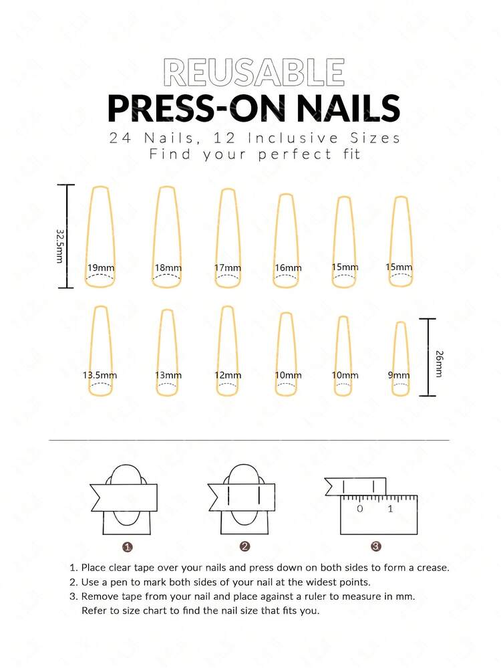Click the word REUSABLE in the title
point(253,73)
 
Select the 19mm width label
point(101,268)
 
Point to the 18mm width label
point(168,268)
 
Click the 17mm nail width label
point(228,268)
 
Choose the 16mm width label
point(288,268)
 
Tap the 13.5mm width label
point(100,375)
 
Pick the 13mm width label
point(168,375)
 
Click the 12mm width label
point(228,375)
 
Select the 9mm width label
point(399,375)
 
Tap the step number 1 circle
point(128,546)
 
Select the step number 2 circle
point(245,546)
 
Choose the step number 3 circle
point(376,546)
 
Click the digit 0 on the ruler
point(360,509)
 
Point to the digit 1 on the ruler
point(390,509)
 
